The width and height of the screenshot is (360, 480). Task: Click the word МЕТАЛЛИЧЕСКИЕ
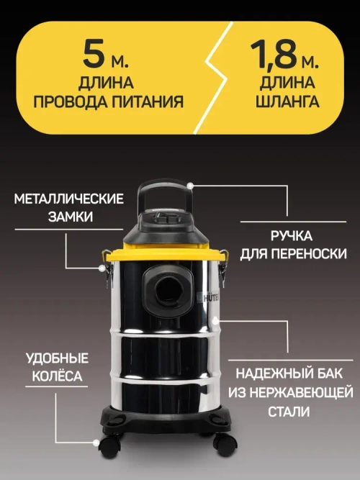(69, 199)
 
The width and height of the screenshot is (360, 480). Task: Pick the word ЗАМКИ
(69, 216)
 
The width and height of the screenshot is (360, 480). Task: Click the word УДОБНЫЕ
(58, 358)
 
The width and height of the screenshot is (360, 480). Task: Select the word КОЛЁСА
(58, 376)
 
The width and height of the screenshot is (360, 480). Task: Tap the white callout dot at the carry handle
(191, 185)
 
